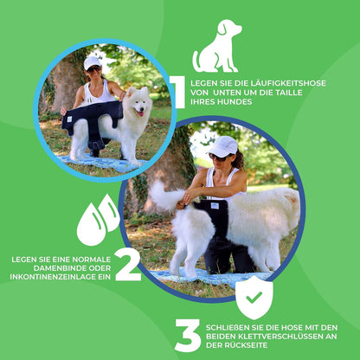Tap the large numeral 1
pyautogui.click(x=177, y=93)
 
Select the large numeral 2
pyautogui.click(x=128, y=264)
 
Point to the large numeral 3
pyautogui.click(x=188, y=336)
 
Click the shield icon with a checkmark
pyautogui.click(x=254, y=298)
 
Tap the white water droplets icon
pyautogui.click(x=99, y=220)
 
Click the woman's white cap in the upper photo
pyautogui.click(x=92, y=62)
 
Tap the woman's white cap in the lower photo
pyautogui.click(x=223, y=146)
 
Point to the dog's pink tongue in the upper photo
pyautogui.click(x=140, y=114)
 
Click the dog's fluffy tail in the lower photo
pyautogui.click(x=166, y=196)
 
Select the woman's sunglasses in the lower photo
pyautogui.click(x=219, y=157)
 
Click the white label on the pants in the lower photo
pyautogui.click(x=215, y=206)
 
